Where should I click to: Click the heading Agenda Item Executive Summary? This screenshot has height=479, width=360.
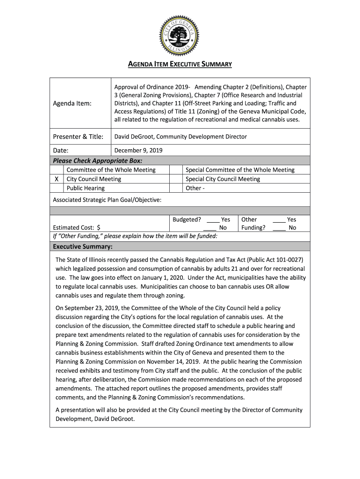[x=180, y=64]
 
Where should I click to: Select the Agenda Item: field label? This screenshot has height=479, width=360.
[x=72, y=103]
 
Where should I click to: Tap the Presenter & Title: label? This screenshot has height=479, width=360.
[x=78, y=137]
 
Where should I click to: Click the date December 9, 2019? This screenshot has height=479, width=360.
[x=138, y=151]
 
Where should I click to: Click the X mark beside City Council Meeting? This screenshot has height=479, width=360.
[x=57, y=179]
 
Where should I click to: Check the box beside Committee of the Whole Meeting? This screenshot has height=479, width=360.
[x=57, y=170]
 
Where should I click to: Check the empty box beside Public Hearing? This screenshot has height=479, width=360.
[x=57, y=188]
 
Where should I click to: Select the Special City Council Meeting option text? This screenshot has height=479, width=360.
[x=223, y=179]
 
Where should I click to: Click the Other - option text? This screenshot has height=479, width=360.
[x=195, y=188]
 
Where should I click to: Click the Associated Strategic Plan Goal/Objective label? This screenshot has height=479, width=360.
[x=107, y=200]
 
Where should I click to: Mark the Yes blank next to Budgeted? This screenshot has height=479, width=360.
[x=213, y=219]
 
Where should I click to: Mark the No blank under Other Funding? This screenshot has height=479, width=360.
[x=279, y=228]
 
